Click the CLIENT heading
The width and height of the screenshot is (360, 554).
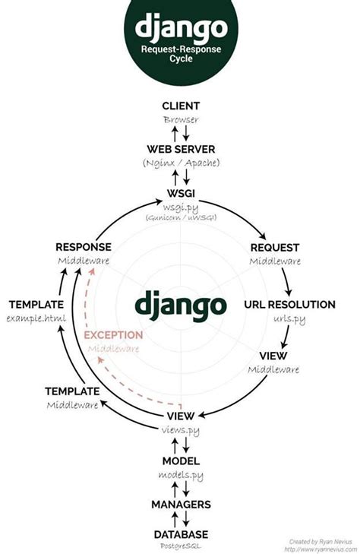tap(180, 105)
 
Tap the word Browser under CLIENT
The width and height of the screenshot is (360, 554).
tap(180, 119)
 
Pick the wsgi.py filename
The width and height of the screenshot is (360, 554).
tap(180, 204)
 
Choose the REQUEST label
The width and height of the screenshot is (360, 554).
tap(275, 247)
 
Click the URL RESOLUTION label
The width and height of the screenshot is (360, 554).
tap(289, 305)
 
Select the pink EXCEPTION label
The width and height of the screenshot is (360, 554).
tap(112, 334)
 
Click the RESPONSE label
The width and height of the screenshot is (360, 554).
tap(84, 247)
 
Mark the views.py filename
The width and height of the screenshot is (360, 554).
tap(180, 430)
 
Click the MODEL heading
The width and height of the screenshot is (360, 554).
tap(180, 461)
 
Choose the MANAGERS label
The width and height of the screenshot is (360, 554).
tap(180, 504)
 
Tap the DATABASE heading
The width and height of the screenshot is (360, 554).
tap(180, 534)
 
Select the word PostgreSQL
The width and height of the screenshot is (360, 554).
tap(180, 546)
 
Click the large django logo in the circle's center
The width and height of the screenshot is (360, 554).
tap(181, 305)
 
